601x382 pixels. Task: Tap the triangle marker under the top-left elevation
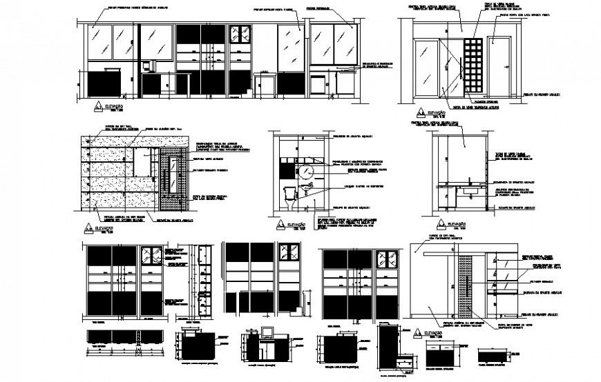coord(99,107)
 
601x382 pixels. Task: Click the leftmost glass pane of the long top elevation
coord(101,41)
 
